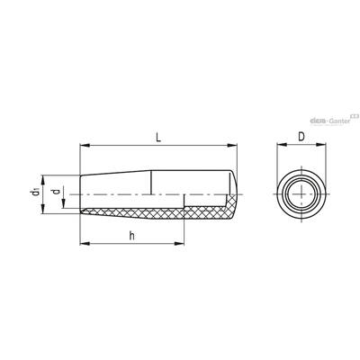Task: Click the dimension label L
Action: (x=158, y=138)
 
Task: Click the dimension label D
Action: (x=301, y=137)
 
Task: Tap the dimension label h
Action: (x=131, y=236)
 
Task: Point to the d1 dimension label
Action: (x=36, y=192)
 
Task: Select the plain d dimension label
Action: (x=56, y=191)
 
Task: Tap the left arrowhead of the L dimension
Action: (x=85, y=146)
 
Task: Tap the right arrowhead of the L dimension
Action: (x=232, y=146)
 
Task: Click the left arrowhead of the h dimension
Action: (x=85, y=244)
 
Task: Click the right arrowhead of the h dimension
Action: (x=179, y=244)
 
